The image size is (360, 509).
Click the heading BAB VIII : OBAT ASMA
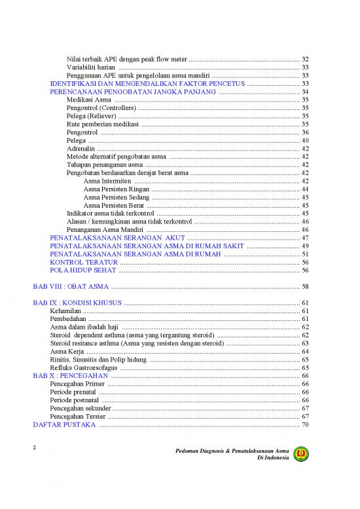71,286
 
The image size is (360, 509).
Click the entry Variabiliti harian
91,67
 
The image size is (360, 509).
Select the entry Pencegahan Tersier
77,417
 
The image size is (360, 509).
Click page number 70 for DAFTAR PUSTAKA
305,425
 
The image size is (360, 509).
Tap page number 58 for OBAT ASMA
305,286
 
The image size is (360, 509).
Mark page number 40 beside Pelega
305,141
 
